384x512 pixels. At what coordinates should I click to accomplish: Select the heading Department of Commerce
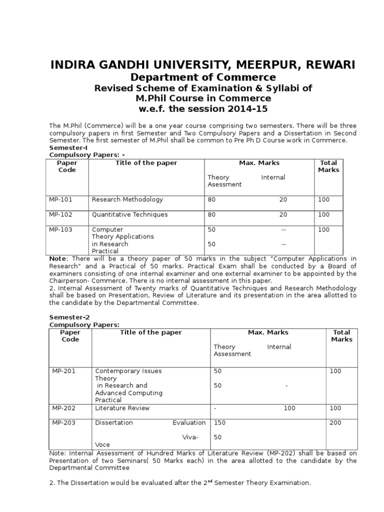(203, 77)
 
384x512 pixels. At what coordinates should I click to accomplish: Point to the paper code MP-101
(60, 199)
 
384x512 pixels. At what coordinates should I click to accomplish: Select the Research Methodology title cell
(127, 199)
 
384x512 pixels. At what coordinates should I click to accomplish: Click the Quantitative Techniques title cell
(129, 214)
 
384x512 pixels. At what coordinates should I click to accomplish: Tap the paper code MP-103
(60, 229)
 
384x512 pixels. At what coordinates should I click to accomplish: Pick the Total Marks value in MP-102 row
(323, 214)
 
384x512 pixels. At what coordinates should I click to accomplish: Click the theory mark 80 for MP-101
(211, 199)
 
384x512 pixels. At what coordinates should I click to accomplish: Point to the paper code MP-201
(64, 371)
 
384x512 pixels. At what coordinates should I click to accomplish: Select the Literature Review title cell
(122, 408)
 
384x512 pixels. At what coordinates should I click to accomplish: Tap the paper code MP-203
(64, 422)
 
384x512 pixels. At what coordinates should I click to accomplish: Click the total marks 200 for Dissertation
(335, 422)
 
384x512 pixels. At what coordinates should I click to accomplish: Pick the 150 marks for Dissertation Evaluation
(219, 422)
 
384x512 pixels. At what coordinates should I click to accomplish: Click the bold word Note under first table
(57, 258)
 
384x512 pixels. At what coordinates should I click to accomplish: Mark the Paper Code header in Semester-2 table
(70, 335)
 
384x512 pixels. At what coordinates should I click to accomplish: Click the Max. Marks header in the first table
(259, 163)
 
